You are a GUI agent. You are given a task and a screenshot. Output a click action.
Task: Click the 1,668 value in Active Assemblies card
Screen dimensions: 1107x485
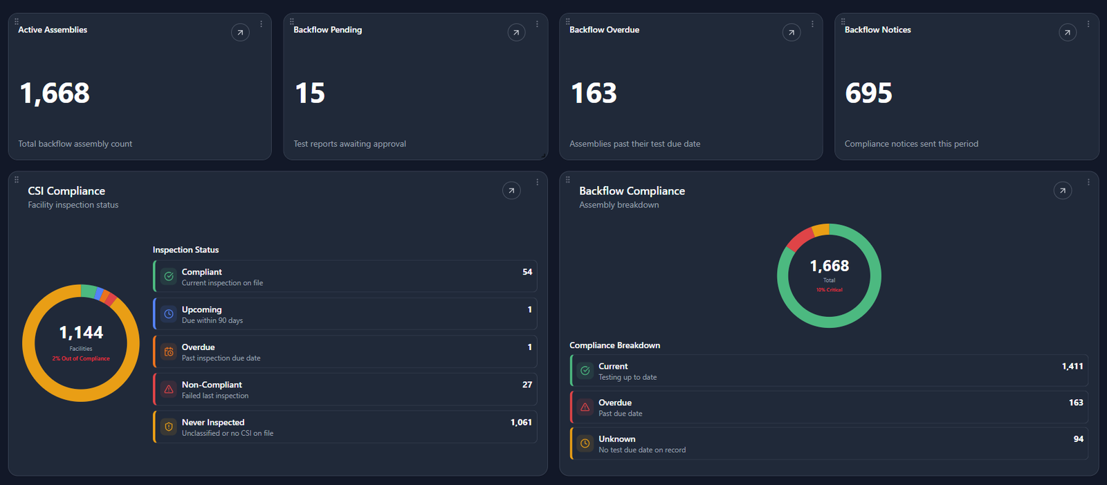[x=55, y=93]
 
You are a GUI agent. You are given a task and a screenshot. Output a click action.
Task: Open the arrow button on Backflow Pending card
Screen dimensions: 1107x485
[x=516, y=33]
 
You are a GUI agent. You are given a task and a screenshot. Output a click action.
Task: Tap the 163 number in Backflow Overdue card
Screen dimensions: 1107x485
[x=594, y=93]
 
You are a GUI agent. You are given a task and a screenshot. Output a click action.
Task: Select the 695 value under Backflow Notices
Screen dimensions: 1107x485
[x=868, y=93]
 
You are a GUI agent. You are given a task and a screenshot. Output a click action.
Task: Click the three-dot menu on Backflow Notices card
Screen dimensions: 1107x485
[x=1088, y=24]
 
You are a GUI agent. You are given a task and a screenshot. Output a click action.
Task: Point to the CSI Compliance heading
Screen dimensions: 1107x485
[x=66, y=191]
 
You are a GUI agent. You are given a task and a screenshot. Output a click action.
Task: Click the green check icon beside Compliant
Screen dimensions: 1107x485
[x=169, y=276]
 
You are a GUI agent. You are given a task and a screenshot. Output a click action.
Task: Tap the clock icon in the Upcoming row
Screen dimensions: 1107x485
[x=169, y=314]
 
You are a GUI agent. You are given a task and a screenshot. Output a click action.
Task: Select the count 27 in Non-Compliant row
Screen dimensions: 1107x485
[x=527, y=385]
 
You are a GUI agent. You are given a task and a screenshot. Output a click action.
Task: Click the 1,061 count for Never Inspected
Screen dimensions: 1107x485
[x=521, y=422]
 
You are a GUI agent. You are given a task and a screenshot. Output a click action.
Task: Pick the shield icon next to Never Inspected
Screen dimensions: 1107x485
[x=169, y=427]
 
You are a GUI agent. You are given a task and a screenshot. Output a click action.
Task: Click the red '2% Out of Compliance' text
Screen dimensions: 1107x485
[x=81, y=358]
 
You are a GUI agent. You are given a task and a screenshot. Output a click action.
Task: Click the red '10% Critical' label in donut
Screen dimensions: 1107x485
[x=830, y=290]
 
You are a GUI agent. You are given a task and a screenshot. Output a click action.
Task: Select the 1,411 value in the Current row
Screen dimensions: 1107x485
[x=1072, y=367]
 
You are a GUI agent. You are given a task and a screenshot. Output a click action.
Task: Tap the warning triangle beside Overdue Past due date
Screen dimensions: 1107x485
[x=585, y=407]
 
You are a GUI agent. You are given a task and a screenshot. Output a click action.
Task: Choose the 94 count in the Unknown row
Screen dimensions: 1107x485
[x=1079, y=439]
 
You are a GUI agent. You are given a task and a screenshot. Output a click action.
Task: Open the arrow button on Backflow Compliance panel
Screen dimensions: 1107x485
[x=1063, y=190]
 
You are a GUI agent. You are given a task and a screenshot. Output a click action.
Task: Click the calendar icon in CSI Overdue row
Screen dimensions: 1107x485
[x=169, y=351]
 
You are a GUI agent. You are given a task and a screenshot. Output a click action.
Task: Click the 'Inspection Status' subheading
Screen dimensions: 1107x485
[x=186, y=250]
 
